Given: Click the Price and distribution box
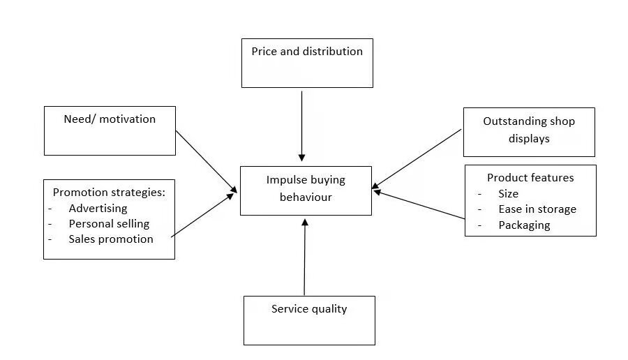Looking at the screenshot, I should tap(307, 63).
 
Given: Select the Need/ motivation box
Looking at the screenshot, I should tap(110, 130).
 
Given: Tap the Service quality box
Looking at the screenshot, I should tap(309, 320).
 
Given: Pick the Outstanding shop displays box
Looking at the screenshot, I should tap(529, 131).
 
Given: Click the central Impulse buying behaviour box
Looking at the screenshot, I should tap(306, 190).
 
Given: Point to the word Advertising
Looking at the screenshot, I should tap(98, 208).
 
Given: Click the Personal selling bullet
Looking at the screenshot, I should tap(109, 223).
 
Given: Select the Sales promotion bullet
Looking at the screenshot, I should tap(110, 239).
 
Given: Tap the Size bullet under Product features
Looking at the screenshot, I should tap(508, 193).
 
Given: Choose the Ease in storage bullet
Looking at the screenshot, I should tap(537, 209).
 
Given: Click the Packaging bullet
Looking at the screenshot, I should tap(524, 225).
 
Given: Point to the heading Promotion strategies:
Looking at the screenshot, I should tap(109, 192).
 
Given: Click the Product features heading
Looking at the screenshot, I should tap(530, 177).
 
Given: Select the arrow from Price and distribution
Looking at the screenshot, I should tap(301, 126).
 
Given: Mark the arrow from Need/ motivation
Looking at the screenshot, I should tap(207, 160).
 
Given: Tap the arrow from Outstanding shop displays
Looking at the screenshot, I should tap(417, 158).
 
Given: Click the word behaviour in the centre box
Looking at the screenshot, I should tap(306, 197).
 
